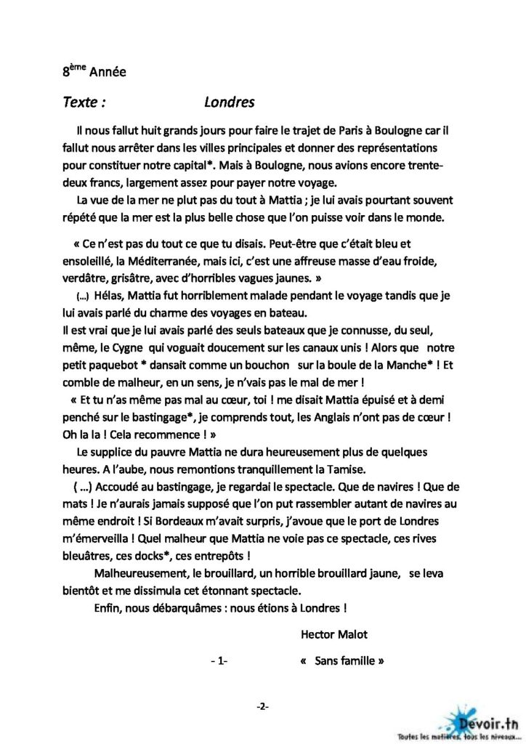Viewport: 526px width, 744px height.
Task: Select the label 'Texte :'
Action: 84,102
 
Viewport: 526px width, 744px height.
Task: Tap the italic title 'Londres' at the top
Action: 230,102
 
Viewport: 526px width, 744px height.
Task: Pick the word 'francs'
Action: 100,183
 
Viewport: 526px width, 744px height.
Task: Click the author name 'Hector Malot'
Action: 333,634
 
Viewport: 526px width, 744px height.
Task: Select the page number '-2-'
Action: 262,706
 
